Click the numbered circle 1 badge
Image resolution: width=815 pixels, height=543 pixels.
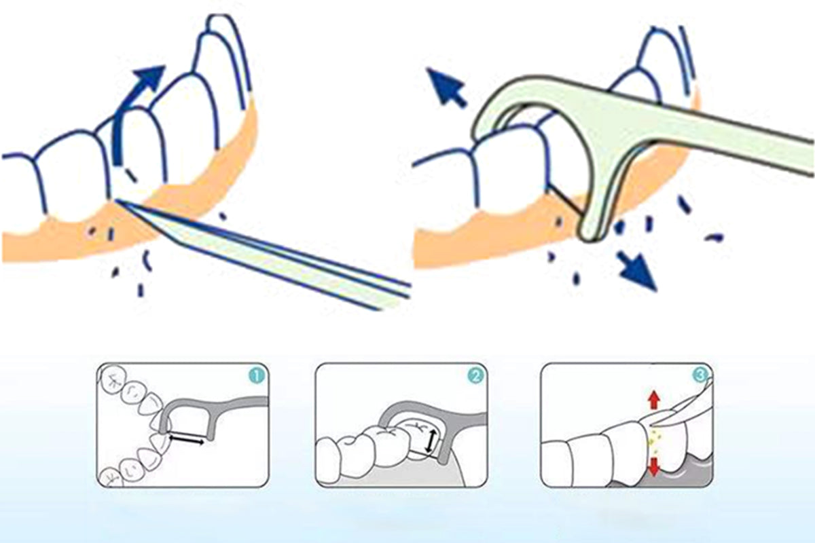(x=257, y=376)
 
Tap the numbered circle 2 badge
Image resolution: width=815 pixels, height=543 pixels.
(x=475, y=376)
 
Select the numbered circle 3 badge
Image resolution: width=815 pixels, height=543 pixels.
(x=701, y=376)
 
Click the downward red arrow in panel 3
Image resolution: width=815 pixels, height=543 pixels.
(x=654, y=466)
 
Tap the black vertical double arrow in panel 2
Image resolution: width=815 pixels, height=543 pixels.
(x=430, y=441)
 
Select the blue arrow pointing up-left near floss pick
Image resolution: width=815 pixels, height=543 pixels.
(x=446, y=88)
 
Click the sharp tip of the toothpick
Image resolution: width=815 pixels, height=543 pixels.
(x=115, y=200)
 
